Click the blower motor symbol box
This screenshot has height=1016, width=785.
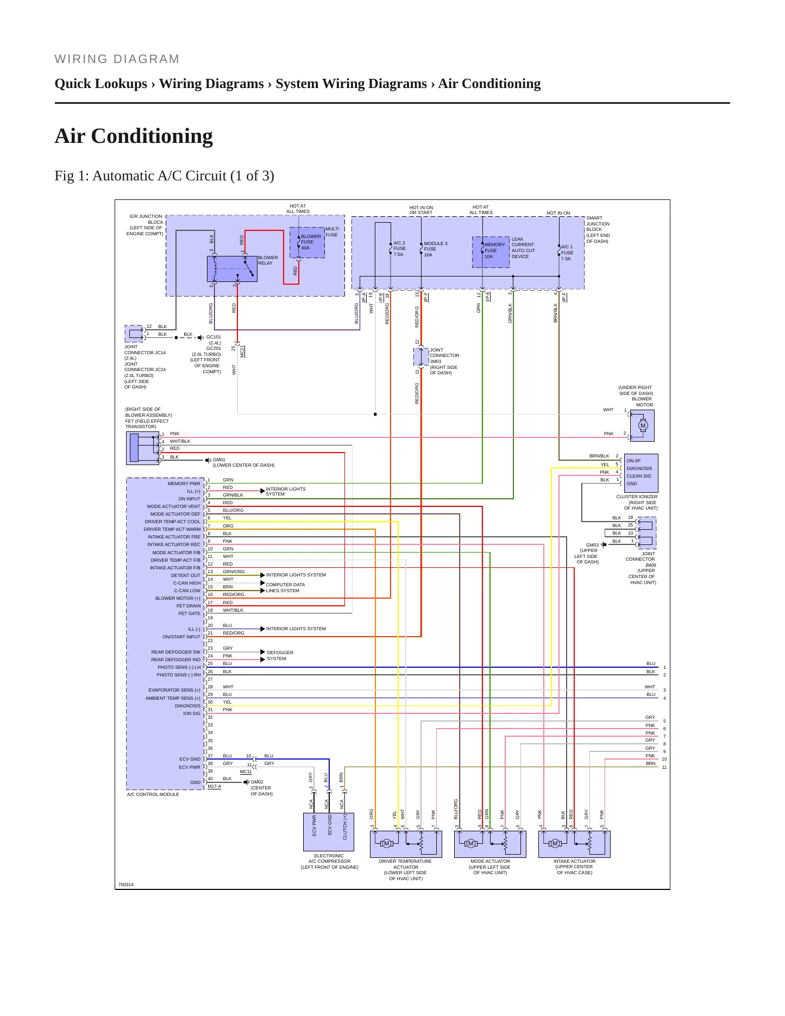click(x=642, y=425)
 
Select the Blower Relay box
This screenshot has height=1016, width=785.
click(x=232, y=269)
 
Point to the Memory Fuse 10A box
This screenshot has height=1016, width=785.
click(x=491, y=252)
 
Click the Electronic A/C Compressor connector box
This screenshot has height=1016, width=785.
click(x=329, y=832)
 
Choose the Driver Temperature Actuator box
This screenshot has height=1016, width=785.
click(x=406, y=844)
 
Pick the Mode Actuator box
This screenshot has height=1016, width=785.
click(x=490, y=844)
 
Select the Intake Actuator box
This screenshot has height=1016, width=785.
click(x=574, y=844)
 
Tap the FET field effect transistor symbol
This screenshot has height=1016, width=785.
click(x=143, y=448)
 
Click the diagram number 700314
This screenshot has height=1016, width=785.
click(x=126, y=885)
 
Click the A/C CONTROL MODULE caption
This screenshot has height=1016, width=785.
click(x=153, y=794)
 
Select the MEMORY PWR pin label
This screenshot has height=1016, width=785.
click(x=184, y=484)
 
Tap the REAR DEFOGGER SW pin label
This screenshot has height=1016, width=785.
click(x=176, y=652)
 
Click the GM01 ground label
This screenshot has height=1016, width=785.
click(x=219, y=460)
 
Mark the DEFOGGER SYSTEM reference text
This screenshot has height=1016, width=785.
click(x=280, y=655)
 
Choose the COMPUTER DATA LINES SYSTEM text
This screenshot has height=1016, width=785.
click(x=285, y=587)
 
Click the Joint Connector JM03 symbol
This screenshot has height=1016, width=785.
click(x=421, y=357)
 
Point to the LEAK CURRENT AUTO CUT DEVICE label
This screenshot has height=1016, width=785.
click(x=523, y=248)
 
